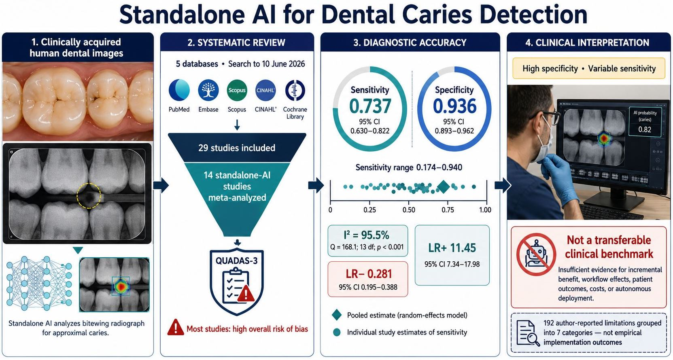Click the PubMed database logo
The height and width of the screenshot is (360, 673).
pyautogui.click(x=179, y=90)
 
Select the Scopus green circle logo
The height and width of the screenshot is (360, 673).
pyautogui.click(x=237, y=90)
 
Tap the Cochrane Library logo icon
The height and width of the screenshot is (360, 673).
pyautogui.click(x=295, y=90)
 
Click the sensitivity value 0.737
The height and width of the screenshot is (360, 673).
pyautogui.click(x=370, y=106)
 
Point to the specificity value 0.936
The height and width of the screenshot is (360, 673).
pyautogui.click(x=454, y=106)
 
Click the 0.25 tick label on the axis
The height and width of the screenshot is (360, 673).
pyautogui.click(x=369, y=210)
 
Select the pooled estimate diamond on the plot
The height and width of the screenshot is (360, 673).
pyautogui.click(x=443, y=187)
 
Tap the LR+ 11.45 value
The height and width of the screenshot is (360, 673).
pyautogui.click(x=452, y=248)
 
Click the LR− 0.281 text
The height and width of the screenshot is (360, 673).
pyautogui.click(x=369, y=274)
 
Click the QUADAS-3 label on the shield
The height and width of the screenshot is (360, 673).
pyautogui.click(x=236, y=260)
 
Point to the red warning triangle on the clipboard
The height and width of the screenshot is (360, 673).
pyautogui.click(x=246, y=293)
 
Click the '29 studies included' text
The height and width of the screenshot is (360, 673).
pyautogui.click(x=237, y=148)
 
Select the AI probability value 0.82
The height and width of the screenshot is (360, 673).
pyautogui.click(x=645, y=130)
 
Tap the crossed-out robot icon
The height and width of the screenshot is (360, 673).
pyautogui.click(x=536, y=254)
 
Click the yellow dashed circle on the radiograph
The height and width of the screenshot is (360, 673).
pyautogui.click(x=89, y=196)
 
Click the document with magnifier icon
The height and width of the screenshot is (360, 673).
pyautogui.click(x=528, y=332)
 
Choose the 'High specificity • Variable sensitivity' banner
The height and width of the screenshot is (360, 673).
pyautogui.click(x=589, y=68)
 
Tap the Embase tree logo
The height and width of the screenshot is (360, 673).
pyautogui.click(x=208, y=90)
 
